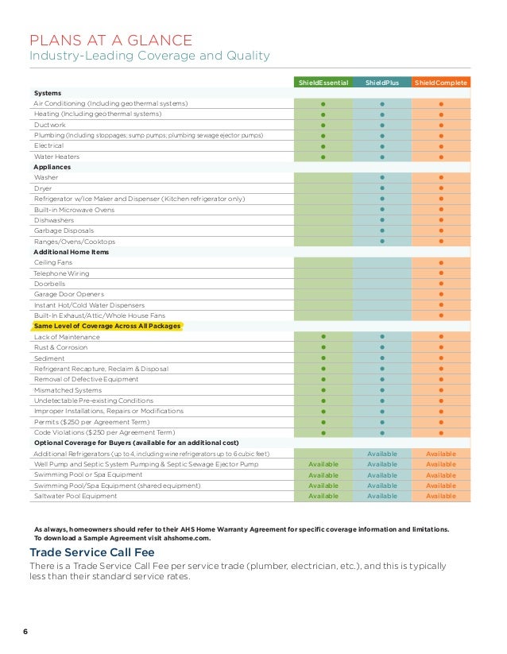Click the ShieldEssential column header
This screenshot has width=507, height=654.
[x=323, y=83]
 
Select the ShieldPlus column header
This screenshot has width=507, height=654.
[x=381, y=83]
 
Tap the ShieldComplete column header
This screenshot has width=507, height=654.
[x=441, y=83]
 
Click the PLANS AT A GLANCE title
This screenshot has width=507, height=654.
[x=110, y=40]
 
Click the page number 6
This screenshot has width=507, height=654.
[x=25, y=631]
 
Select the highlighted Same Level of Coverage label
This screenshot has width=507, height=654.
[x=107, y=327]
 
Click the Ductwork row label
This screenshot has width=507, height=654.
[x=50, y=125]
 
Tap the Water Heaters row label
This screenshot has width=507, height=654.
[x=56, y=157]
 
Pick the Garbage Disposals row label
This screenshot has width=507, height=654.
[x=63, y=230]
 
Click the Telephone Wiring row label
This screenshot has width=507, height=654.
[x=61, y=273]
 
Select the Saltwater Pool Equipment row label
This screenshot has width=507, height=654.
[x=75, y=496]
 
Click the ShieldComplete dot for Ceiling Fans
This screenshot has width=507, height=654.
[x=441, y=262]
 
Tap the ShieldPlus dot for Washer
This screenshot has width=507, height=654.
[x=382, y=178]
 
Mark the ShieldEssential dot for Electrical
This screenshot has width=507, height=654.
[x=323, y=146]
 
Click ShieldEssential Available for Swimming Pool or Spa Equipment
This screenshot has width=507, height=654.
[x=323, y=475]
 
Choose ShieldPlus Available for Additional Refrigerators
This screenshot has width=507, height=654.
[x=382, y=453]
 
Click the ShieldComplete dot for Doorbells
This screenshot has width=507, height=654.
[x=441, y=284]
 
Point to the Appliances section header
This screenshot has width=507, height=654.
[x=52, y=168]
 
